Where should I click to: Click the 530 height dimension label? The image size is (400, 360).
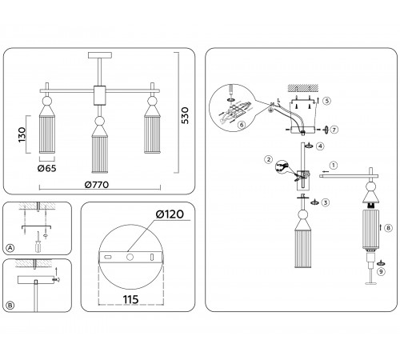(185, 115)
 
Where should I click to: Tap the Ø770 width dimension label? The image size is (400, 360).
(97, 185)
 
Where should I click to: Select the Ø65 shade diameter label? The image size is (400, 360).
(47, 168)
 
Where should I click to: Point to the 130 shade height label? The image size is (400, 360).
(22, 134)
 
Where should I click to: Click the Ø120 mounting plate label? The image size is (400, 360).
(170, 214)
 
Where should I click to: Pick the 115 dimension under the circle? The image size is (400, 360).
(130, 299)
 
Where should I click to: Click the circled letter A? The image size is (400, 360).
(10, 248)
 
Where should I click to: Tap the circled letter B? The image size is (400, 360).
(10, 305)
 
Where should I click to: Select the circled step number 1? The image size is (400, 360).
(334, 166)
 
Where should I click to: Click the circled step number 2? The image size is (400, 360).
(269, 159)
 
